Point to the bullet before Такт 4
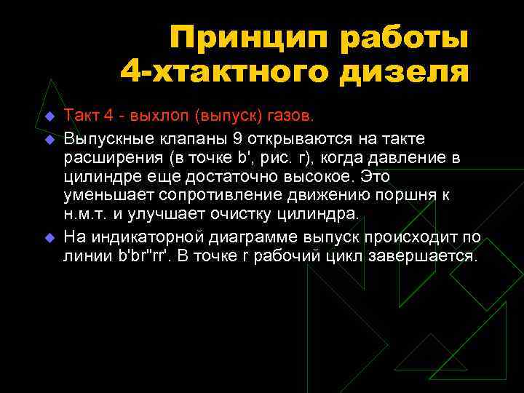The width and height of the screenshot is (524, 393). point(49,116)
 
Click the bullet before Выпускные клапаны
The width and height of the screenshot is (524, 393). point(49,138)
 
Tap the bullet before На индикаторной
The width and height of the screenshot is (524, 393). point(49,237)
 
